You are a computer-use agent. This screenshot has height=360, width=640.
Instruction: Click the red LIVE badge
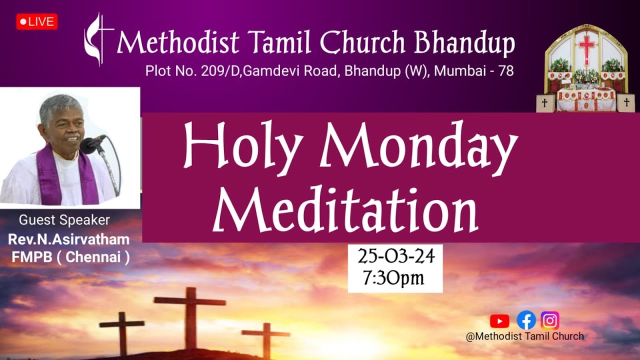pos(37,21)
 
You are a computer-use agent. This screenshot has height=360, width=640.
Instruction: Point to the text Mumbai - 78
pos(474,71)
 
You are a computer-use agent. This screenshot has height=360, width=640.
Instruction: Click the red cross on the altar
pos(586,47)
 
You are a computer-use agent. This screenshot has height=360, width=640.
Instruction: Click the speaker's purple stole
pos(50,175)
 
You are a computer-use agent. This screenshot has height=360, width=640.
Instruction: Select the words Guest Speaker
pos(64,220)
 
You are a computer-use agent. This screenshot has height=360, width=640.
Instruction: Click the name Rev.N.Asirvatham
pos(68,239)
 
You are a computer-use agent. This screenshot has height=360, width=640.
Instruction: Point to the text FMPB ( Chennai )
pos(70,257)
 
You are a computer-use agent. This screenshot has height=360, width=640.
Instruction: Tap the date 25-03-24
pos(395,256)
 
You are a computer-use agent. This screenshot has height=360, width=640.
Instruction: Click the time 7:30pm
pos(393,277)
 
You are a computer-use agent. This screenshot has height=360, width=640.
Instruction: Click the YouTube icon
pos(499,320)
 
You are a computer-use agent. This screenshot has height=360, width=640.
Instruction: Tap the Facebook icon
pos(526,320)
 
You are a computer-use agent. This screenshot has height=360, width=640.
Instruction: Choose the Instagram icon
pos(550,320)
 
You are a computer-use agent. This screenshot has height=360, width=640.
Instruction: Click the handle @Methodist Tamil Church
pos(524,336)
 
